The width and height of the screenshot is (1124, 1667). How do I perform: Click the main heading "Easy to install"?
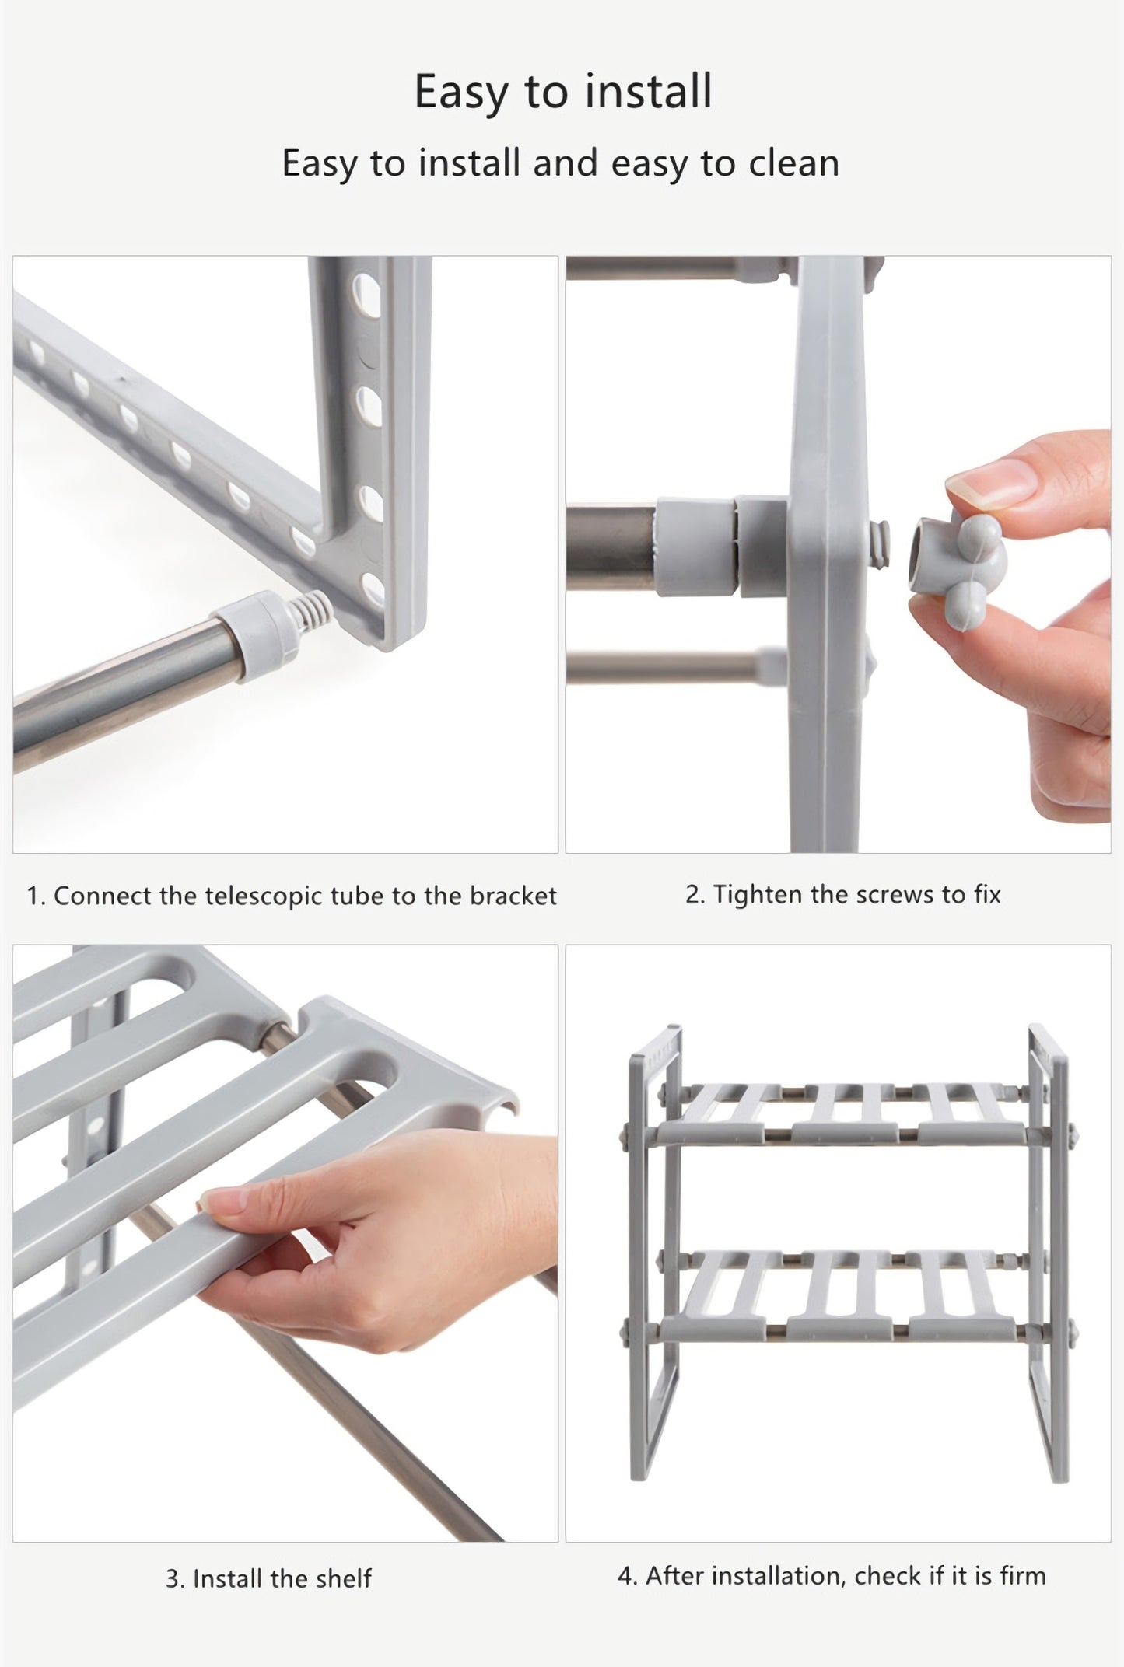tap(562, 91)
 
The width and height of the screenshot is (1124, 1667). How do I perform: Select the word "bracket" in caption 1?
tap(513, 896)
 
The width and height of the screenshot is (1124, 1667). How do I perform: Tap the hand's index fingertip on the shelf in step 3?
tap(218, 1204)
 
